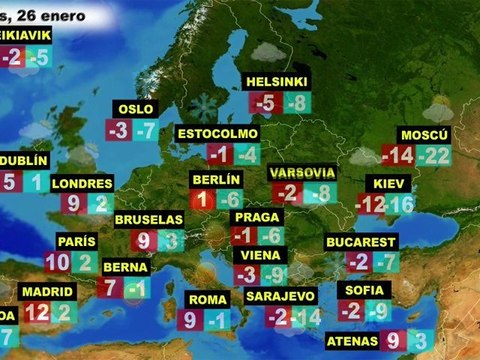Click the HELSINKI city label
(277, 81)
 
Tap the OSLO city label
(135, 109)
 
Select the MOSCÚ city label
(424, 134)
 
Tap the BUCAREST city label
(361, 242)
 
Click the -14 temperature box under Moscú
(397, 156)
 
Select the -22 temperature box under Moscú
(434, 156)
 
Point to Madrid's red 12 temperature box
(37, 312)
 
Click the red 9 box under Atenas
(393, 341)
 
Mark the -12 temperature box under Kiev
(370, 205)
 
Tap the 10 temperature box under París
(57, 263)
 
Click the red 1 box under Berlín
(200, 200)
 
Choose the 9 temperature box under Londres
(74, 205)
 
